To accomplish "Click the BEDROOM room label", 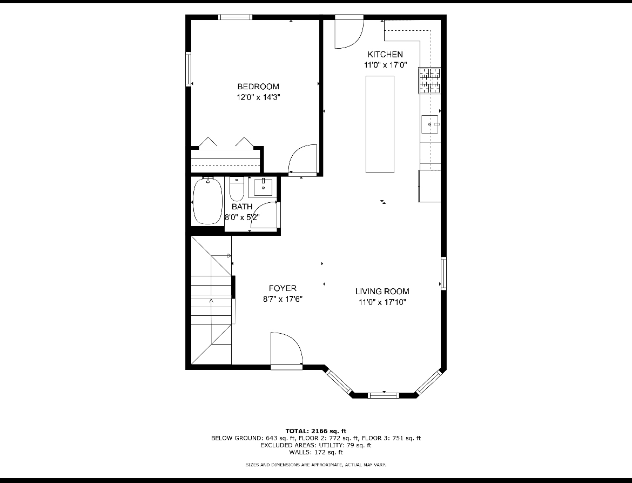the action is pyautogui.click(x=258, y=87).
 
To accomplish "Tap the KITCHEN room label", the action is pyautogui.click(x=385, y=54).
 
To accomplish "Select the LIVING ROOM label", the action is pyautogui.click(x=382, y=292).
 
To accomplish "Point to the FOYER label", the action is pyautogui.click(x=283, y=288).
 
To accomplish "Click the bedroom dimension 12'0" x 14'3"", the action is pyautogui.click(x=258, y=97).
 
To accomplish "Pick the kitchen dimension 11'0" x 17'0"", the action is pyautogui.click(x=386, y=65).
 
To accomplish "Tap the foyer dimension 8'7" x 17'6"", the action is pyautogui.click(x=283, y=299).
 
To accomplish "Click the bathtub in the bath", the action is pyautogui.click(x=207, y=201).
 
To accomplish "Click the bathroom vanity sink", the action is pyautogui.click(x=264, y=187).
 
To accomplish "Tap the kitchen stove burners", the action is pyautogui.click(x=429, y=81).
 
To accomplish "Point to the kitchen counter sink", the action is pyautogui.click(x=430, y=124).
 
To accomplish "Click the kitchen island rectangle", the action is pyautogui.click(x=380, y=124).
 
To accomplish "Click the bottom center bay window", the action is pyautogui.click(x=384, y=395).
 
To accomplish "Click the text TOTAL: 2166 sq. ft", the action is pyautogui.click(x=316, y=432).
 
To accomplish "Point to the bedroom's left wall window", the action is pyautogui.click(x=188, y=69).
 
